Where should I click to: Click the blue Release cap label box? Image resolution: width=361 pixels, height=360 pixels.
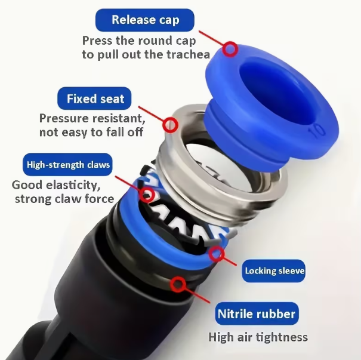tap(145, 20)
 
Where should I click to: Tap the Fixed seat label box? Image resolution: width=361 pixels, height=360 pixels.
tap(94, 99)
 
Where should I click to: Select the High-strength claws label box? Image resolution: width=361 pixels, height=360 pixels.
tap(67, 164)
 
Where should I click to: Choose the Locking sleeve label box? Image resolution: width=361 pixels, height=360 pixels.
tap(274, 270)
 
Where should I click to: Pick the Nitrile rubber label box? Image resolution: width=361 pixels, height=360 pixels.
tap(257, 313)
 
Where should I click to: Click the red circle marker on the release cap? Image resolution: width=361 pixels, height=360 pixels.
tap(230, 49)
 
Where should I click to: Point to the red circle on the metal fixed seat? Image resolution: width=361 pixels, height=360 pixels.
tap(171, 125)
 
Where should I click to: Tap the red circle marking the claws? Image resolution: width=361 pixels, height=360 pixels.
tap(147, 195)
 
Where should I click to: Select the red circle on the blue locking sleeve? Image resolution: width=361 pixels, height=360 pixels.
tap(217, 254)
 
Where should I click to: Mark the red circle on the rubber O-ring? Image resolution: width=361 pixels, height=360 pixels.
tap(178, 284)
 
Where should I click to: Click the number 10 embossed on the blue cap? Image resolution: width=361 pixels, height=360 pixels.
tap(317, 131)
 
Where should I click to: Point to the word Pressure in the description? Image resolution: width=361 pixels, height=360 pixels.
tap(64, 118)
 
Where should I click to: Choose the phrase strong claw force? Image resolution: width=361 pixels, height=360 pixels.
tap(64, 199)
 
